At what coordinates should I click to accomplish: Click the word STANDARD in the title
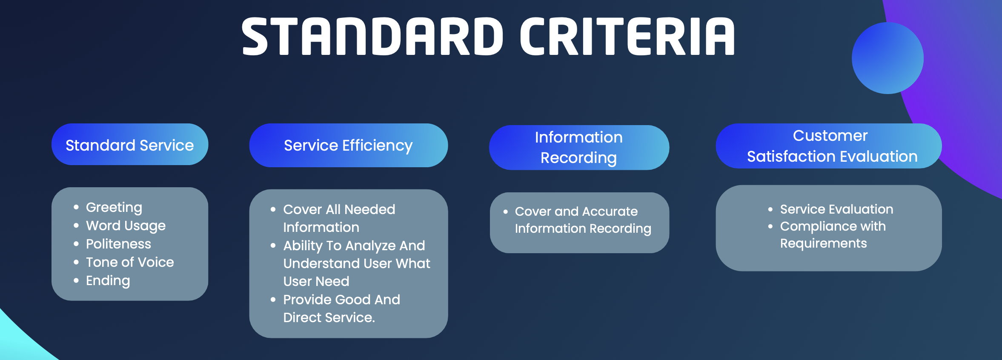point(372,37)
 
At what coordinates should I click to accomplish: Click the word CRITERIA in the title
point(627,37)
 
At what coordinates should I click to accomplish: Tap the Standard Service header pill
point(130,144)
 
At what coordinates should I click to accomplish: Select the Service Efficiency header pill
point(348,145)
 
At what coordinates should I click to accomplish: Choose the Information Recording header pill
point(579,147)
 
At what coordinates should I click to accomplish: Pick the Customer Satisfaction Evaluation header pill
point(829,146)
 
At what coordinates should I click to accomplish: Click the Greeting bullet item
point(114,208)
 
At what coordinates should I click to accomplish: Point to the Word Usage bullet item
point(126,226)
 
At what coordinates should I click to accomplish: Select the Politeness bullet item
point(118,244)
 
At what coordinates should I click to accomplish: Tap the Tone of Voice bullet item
point(130,262)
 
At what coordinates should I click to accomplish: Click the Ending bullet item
point(108,281)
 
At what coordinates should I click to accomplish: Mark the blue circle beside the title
point(887,58)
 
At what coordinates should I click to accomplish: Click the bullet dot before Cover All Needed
point(273,209)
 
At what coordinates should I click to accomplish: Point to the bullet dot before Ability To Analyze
point(273,245)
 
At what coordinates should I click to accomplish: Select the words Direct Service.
point(329,317)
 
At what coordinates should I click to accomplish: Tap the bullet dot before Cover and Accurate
point(506,211)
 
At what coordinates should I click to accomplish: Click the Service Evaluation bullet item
point(836,209)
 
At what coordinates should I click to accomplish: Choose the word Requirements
point(823,243)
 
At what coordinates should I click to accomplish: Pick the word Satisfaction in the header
point(787,157)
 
